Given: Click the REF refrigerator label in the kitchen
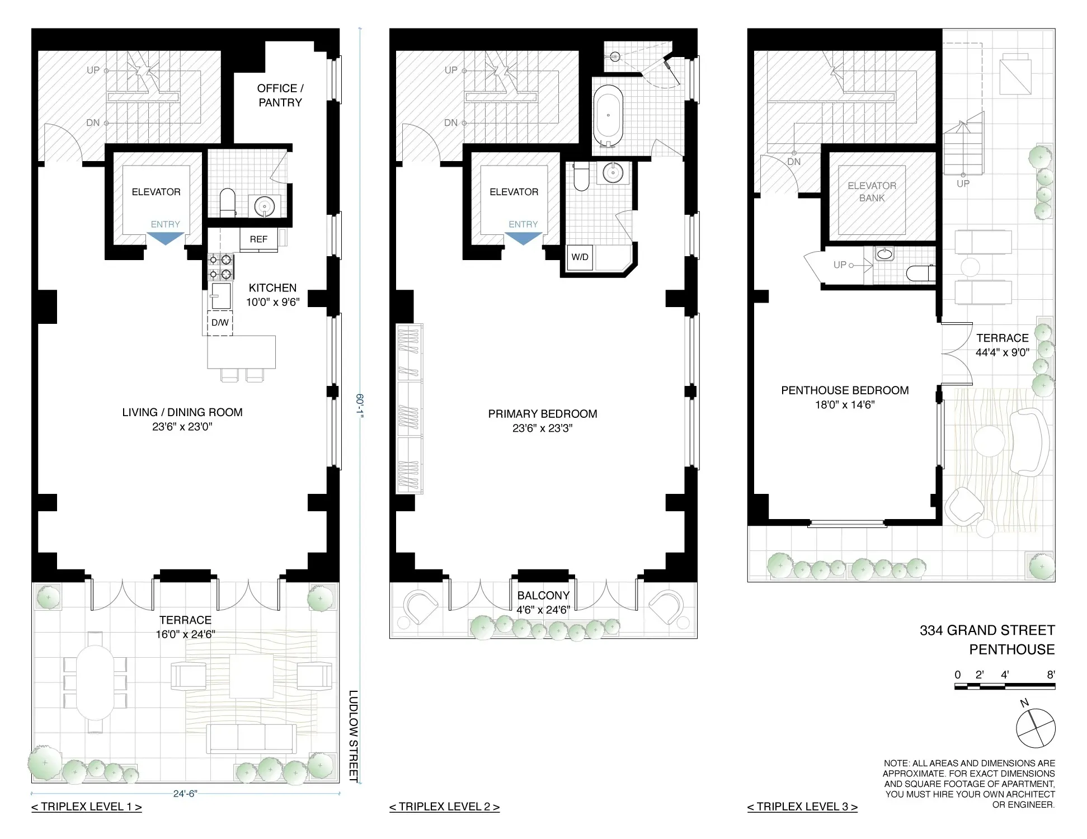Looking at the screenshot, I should [x=258, y=239].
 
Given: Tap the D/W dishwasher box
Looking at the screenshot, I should [x=220, y=323].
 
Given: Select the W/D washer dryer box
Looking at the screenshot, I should [x=580, y=257].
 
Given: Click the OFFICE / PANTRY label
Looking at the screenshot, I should [x=280, y=95].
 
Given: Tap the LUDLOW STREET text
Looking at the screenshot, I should [x=354, y=736].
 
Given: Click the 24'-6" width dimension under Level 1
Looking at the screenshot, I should [x=185, y=794].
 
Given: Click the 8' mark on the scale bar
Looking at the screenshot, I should [x=1051, y=675].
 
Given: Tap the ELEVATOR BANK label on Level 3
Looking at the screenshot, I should [x=872, y=192].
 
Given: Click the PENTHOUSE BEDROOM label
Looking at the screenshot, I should [x=845, y=390].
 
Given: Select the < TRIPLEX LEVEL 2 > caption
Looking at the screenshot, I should [x=444, y=807].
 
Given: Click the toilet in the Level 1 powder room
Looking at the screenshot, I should [x=228, y=202].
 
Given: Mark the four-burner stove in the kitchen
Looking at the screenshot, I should [x=220, y=267].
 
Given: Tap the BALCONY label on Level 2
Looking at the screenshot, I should [x=543, y=596].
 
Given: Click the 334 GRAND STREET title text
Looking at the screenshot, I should [x=987, y=630].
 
